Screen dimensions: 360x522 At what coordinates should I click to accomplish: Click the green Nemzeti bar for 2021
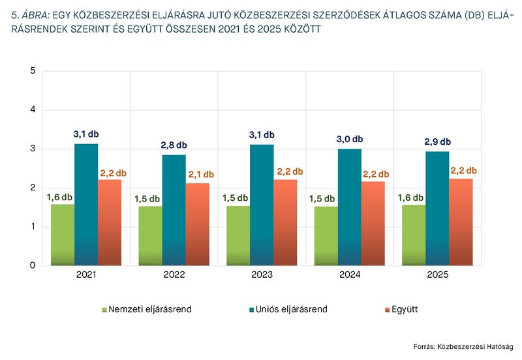tap(63, 235)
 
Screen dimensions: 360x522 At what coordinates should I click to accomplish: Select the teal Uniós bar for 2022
tap(174, 210)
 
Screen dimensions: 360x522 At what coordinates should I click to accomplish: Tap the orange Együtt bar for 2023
tap(285, 222)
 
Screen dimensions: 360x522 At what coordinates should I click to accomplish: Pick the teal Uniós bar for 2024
tap(349, 207)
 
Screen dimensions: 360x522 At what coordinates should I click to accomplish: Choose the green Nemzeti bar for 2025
tap(413, 235)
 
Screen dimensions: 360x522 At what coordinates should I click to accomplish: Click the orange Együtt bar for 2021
tap(110, 222)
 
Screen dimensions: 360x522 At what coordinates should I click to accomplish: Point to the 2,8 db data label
tap(174, 145)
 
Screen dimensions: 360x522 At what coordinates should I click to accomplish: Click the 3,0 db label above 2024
tap(349, 139)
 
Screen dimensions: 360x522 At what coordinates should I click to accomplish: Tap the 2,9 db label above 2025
tap(437, 142)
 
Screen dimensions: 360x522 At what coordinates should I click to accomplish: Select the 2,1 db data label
tap(200, 174)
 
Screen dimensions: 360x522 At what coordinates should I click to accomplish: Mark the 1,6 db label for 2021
tap(59, 195)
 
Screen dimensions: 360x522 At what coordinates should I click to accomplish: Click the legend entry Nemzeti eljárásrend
tap(147, 309)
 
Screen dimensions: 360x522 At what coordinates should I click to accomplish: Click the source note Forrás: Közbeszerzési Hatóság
tap(463, 346)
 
